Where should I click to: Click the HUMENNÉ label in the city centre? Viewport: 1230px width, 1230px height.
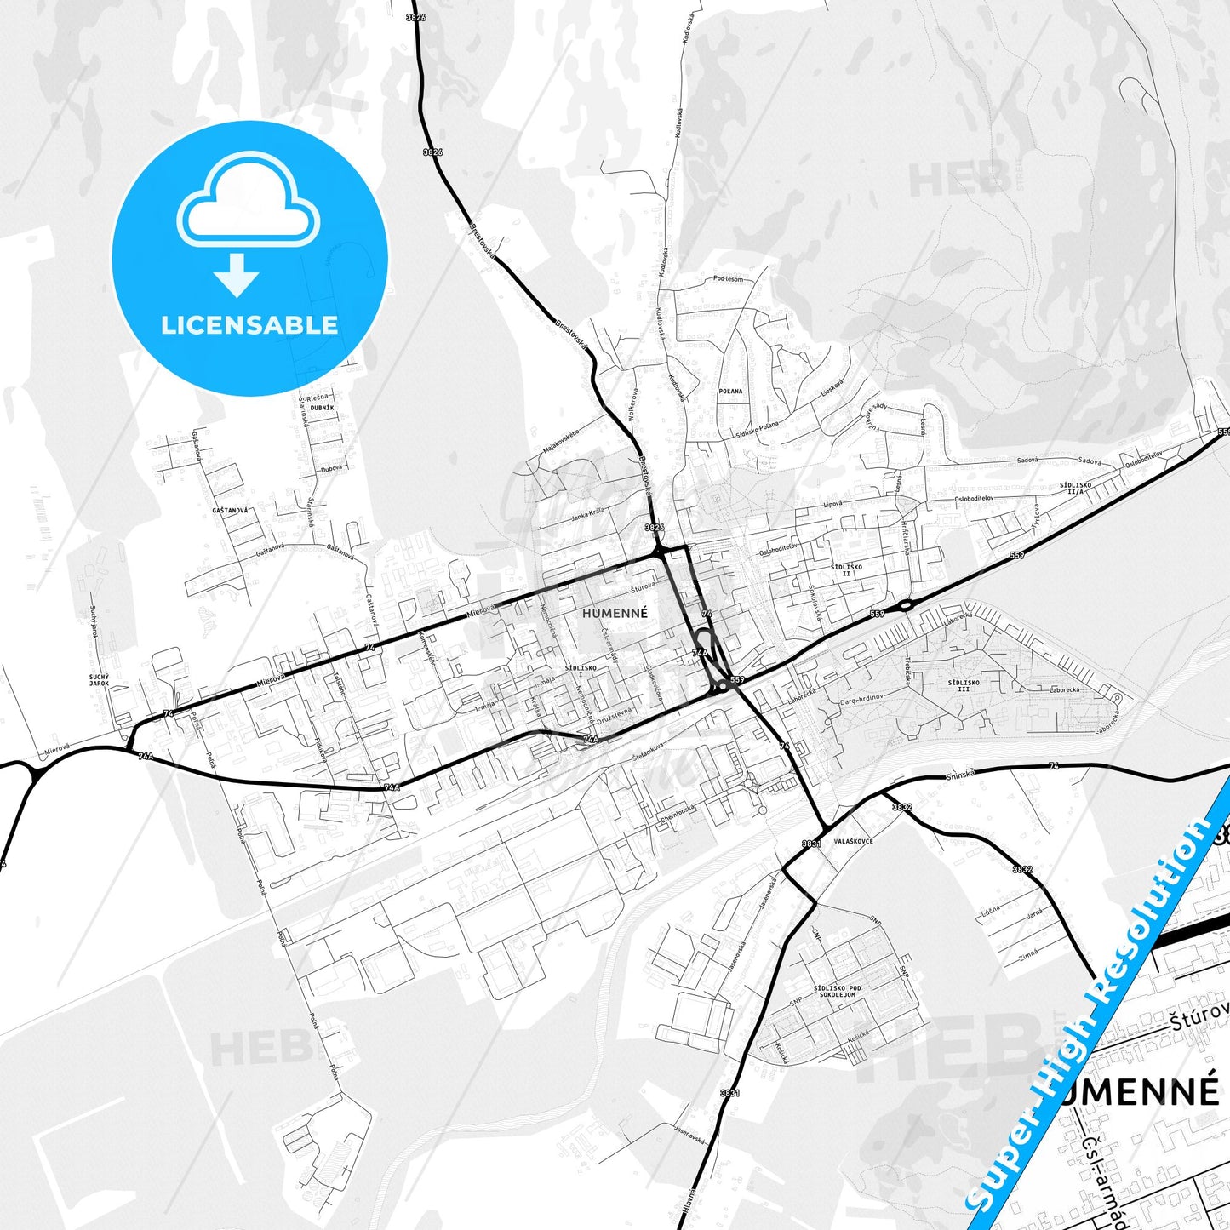pyautogui.click(x=615, y=613)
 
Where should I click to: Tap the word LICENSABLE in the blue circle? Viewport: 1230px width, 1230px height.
pyautogui.click(x=249, y=324)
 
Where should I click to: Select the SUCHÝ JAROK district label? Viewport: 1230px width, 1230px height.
pyautogui.click(x=100, y=679)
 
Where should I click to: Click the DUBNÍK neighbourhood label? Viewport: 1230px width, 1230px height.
pyautogui.click(x=323, y=408)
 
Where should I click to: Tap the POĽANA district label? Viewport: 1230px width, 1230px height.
pyautogui.click(x=730, y=392)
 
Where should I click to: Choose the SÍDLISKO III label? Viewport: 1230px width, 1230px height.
pyautogui.click(x=964, y=685)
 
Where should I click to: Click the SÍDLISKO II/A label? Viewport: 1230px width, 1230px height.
pyautogui.click(x=1075, y=489)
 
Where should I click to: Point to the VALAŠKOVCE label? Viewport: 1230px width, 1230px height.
pyautogui.click(x=853, y=841)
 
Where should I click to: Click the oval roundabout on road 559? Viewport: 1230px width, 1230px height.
pyautogui.click(x=904, y=605)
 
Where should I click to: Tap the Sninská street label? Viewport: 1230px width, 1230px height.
pyautogui.click(x=959, y=775)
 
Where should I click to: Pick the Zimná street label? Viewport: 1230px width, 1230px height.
pyautogui.click(x=1029, y=955)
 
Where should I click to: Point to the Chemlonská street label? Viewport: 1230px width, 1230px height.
pyautogui.click(x=678, y=815)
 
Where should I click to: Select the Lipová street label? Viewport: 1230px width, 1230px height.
pyautogui.click(x=833, y=503)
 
